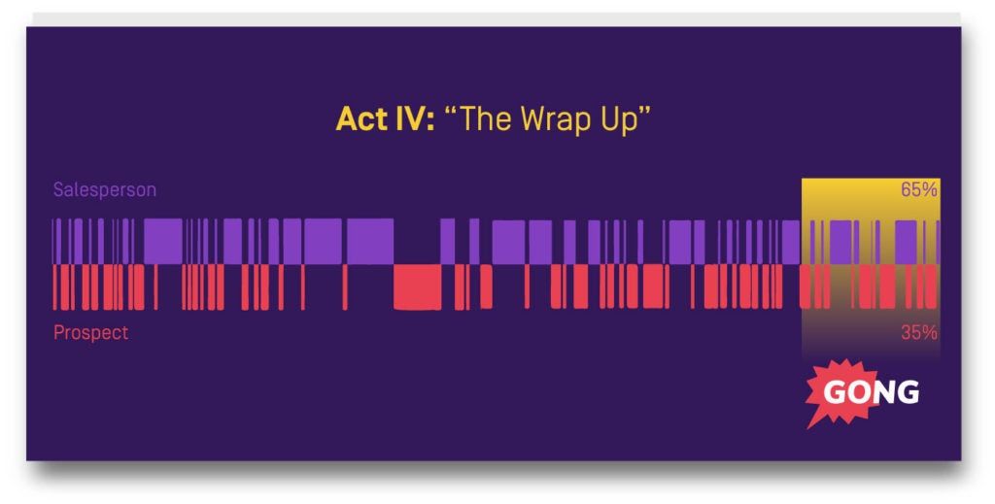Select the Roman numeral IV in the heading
(410, 119)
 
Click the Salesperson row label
(104, 189)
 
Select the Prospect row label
(90, 332)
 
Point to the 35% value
(918, 332)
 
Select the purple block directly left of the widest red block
(369, 241)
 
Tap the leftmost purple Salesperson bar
(54, 241)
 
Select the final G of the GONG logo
(908, 391)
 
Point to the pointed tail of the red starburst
(809, 424)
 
